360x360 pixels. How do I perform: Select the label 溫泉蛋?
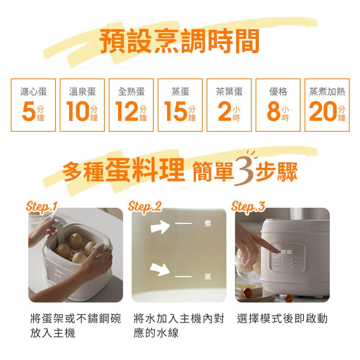(x=82, y=92)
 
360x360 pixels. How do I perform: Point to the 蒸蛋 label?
(x=180, y=92)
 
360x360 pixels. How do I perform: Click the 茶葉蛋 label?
(x=229, y=92)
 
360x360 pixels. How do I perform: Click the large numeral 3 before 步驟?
(x=244, y=172)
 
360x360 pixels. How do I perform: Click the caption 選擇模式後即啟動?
(x=283, y=319)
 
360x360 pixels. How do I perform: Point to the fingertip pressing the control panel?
(x=273, y=250)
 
